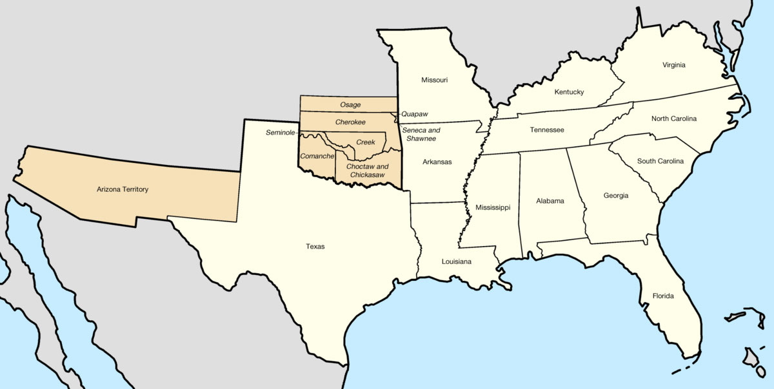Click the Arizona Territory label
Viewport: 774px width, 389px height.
122,189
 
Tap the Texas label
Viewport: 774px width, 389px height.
315,246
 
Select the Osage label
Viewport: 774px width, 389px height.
350,105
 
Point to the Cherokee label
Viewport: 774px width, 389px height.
350,122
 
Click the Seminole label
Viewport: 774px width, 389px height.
280,133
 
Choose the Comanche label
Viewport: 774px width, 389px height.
317,157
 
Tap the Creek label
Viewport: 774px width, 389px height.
366,142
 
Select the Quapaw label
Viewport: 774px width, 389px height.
415,114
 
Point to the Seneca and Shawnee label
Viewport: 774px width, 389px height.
421,134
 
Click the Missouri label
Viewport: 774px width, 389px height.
434,80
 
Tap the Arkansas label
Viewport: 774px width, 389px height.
437,162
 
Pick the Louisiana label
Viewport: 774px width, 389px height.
457,261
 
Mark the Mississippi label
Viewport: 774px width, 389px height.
493,207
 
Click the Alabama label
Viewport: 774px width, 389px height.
550,200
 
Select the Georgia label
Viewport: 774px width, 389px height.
616,196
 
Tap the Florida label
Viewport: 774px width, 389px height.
662,296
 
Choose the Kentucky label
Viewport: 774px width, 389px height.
569,92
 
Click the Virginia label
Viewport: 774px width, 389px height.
673,65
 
